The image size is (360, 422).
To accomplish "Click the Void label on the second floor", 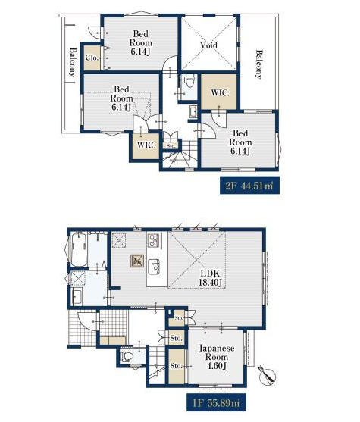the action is pyautogui.click(x=209, y=45).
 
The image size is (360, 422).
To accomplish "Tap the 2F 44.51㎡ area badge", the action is pyautogui.click(x=249, y=186).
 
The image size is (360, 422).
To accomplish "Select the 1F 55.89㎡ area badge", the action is pyautogui.click(x=216, y=402).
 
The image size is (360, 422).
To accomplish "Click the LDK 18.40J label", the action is pyautogui.click(x=210, y=278).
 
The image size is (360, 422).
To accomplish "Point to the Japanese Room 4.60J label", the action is pyautogui.click(x=217, y=357).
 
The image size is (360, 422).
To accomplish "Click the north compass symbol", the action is pyautogui.click(x=267, y=376).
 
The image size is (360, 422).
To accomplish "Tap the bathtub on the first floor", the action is pyautogui.click(x=78, y=250).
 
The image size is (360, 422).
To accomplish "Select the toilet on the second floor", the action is pyautogui.click(x=189, y=81).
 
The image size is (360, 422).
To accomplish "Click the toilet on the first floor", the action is pyautogui.click(x=127, y=357).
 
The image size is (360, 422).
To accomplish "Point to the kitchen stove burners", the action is pyautogui.click(x=154, y=240).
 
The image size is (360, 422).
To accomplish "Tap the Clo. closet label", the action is pyautogui.click(x=92, y=58).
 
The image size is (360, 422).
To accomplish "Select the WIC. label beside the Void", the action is pyautogui.click(x=220, y=93).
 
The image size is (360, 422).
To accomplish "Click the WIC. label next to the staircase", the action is pyautogui.click(x=146, y=145).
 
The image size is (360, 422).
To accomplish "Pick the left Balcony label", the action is pyautogui.click(x=73, y=62).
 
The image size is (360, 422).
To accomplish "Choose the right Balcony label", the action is pyautogui.click(x=258, y=64).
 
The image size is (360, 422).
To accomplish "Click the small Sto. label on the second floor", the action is pyautogui.click(x=171, y=146).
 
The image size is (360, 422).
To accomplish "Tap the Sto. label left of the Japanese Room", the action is pyautogui.click(x=176, y=366).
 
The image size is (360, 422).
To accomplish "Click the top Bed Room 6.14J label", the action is pyautogui.click(x=141, y=42).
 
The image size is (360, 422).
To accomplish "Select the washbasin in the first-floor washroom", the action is pyautogui.click(x=77, y=296).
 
